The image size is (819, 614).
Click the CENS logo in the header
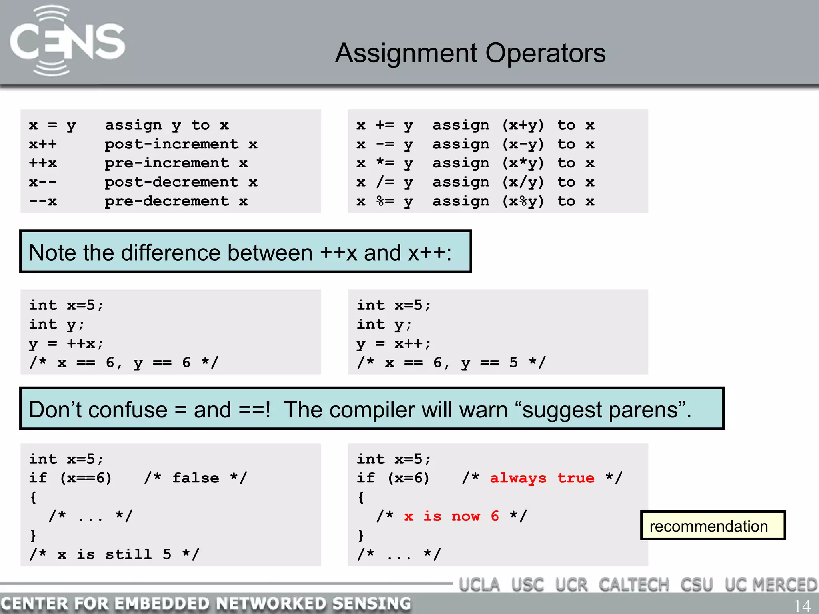point(67,41)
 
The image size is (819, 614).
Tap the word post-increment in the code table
point(171,144)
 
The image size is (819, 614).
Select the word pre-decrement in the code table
point(166,201)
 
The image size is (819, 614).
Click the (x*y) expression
point(523,163)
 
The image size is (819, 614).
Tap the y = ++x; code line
point(66,343)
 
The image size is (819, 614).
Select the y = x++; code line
point(394,343)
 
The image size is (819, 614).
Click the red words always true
point(542,478)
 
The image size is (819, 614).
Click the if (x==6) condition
point(70,478)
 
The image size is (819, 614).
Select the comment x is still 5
point(114,554)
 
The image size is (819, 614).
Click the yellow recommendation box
point(713,526)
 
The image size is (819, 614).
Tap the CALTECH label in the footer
point(634,585)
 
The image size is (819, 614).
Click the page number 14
point(802,606)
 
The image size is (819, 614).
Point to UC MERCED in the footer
point(771,585)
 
